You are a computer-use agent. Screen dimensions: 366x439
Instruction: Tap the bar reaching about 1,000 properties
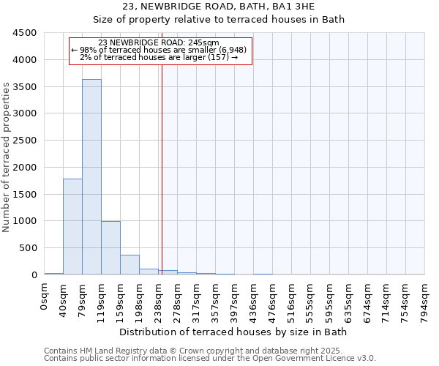coord(110,248)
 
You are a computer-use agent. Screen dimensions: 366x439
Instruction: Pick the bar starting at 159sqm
coord(130,265)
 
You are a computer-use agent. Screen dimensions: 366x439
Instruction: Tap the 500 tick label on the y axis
coord(29,248)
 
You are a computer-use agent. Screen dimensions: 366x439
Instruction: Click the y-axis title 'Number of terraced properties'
coord(7,157)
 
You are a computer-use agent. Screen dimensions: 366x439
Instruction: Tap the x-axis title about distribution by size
coord(233,332)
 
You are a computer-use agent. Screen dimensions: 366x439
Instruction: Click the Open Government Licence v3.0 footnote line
coord(210,359)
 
